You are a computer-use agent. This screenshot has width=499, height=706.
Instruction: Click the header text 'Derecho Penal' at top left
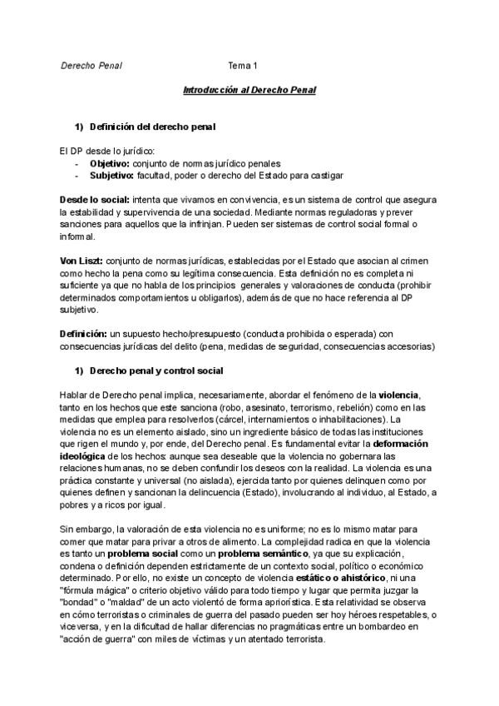tap(91, 66)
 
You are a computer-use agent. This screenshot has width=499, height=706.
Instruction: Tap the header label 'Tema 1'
tap(243, 66)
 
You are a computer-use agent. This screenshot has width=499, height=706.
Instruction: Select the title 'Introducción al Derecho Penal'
tap(249, 88)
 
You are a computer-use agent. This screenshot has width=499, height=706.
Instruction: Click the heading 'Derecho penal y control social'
tap(156, 370)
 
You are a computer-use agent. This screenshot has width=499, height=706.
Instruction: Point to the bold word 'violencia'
tap(400, 394)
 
